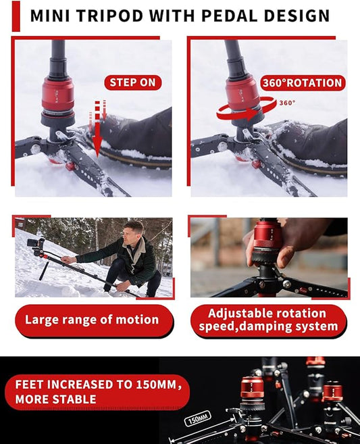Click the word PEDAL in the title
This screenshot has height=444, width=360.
point(230,16)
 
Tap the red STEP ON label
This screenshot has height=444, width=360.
point(133,83)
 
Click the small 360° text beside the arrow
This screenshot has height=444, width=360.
point(288,103)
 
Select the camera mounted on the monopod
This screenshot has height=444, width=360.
point(38,245)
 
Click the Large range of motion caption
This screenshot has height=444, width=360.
point(92,320)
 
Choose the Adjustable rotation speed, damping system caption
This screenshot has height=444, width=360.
point(268,320)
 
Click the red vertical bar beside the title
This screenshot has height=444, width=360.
point(16,16)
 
